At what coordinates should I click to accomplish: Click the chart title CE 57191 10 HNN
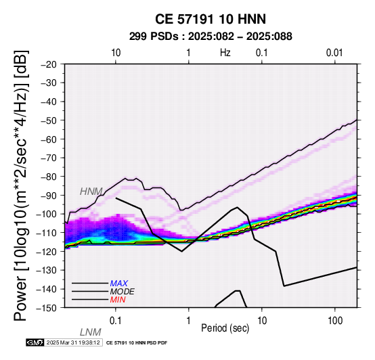(x=211, y=19)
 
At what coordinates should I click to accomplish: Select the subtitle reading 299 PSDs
(x=154, y=37)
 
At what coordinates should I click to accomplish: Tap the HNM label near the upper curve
(x=91, y=192)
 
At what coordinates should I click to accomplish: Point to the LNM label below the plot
(x=91, y=332)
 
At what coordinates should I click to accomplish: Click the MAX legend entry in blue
(x=118, y=284)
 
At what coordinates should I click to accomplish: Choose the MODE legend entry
(x=122, y=292)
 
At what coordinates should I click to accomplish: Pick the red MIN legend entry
(x=118, y=300)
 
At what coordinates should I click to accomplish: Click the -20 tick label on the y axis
(x=49, y=64)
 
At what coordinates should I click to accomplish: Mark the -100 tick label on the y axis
(x=46, y=214)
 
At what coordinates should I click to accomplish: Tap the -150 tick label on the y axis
(x=46, y=307)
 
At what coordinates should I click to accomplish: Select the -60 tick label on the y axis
(x=49, y=139)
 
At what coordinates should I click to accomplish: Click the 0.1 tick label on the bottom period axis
(x=116, y=321)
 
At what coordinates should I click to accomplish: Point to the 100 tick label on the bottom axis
(x=335, y=321)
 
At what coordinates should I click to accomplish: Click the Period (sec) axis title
(x=225, y=328)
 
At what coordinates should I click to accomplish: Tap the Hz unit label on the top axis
(x=225, y=53)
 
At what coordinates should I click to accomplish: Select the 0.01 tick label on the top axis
(x=334, y=53)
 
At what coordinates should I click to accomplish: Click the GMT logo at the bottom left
(x=35, y=342)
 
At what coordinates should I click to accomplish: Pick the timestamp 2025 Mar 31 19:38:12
(x=73, y=342)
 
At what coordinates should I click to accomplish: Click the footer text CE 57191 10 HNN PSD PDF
(x=137, y=343)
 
